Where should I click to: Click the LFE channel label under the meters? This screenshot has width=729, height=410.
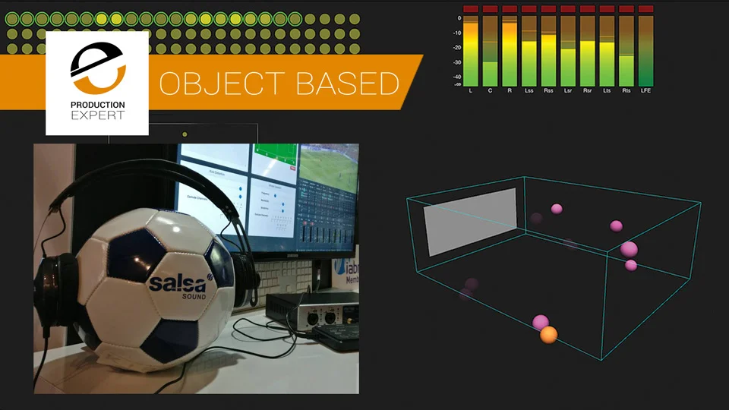tap(645, 90)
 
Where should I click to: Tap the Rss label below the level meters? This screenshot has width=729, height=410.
tap(548, 90)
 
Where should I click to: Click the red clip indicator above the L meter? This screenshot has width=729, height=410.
tap(470, 9)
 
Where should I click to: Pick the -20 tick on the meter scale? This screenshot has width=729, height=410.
tap(457, 47)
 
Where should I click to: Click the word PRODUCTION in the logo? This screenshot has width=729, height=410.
tap(97, 105)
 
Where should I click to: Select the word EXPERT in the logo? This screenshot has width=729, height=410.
tap(97, 116)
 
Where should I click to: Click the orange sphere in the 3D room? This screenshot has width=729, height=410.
tap(548, 334)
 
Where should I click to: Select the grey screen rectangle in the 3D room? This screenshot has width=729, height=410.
tap(472, 221)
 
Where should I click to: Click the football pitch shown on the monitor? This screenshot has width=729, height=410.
tap(329, 166)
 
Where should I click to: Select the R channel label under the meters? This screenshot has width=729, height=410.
tap(509, 90)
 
